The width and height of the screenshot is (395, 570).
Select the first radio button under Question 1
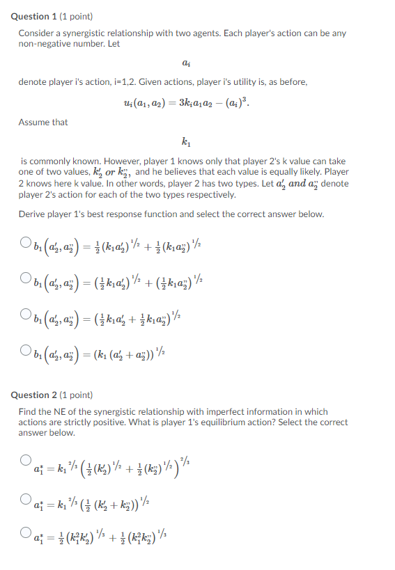(25, 243)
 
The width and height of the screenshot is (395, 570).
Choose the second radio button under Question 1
(25, 278)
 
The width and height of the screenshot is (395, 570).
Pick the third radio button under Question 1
(25, 312)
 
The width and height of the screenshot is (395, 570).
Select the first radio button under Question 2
(25, 460)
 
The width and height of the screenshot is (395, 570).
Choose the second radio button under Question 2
(25, 496)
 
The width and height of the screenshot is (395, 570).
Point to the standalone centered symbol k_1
(185, 143)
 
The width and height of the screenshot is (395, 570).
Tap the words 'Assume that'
(43, 122)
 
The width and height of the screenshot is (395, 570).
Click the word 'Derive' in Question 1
(32, 214)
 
